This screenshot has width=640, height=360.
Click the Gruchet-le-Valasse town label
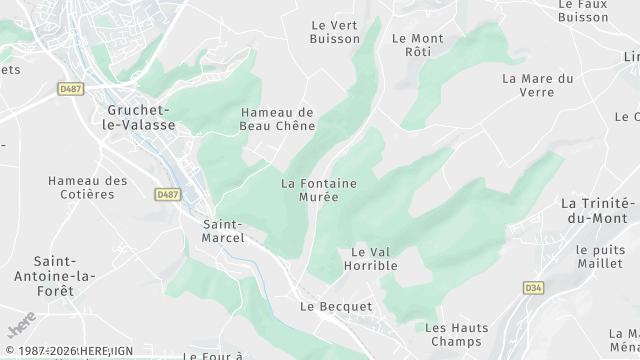point(140,117)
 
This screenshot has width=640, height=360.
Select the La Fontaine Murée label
point(318,190)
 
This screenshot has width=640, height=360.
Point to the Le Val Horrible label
point(374,258)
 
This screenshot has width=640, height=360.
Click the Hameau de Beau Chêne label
point(278,119)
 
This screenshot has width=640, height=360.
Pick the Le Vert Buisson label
point(335,32)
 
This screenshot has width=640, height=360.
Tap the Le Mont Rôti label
point(418,45)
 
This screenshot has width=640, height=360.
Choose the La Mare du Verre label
point(537,85)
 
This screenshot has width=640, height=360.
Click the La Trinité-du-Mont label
point(598,210)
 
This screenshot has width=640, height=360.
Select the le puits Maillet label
point(600,256)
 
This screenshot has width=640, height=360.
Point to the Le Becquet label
point(336,306)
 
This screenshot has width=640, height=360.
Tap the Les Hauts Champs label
point(456,334)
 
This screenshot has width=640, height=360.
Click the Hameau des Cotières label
point(88,187)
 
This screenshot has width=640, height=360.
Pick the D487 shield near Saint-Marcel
point(168,194)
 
